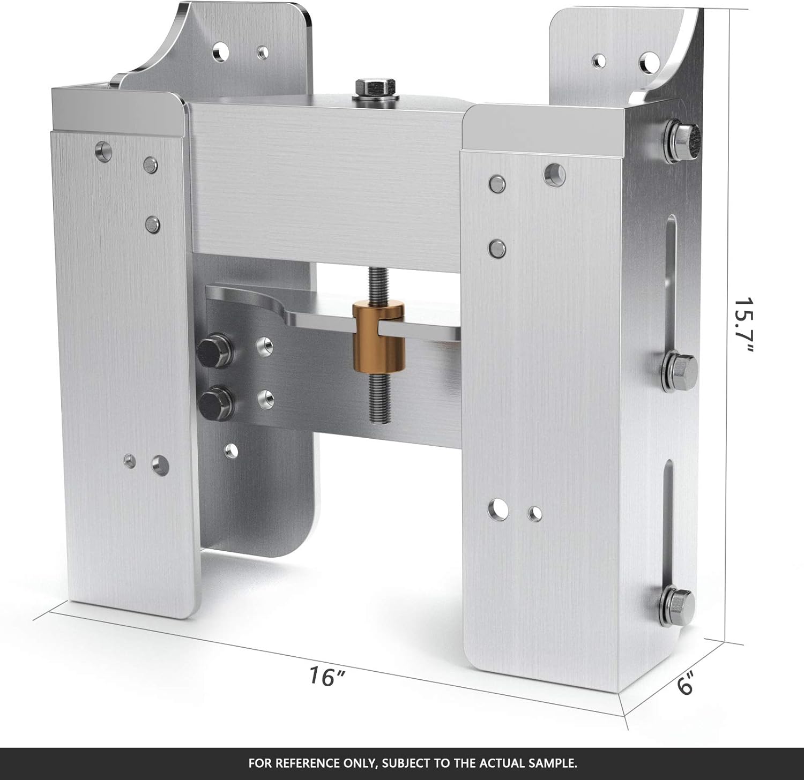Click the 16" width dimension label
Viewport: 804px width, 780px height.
pyautogui.click(x=326, y=676)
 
